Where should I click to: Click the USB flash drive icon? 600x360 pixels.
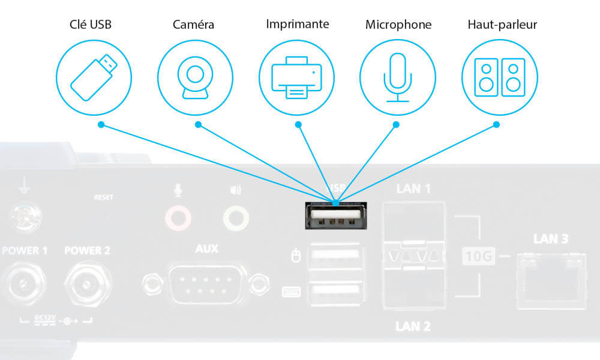[93, 77]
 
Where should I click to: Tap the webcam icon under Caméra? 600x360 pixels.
[195, 77]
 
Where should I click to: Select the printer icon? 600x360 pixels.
[296, 77]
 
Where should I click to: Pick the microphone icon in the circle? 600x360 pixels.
[397, 77]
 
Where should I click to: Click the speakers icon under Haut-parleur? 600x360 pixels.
[499, 77]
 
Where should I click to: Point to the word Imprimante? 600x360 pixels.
[298, 25]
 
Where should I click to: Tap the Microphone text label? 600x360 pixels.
[398, 25]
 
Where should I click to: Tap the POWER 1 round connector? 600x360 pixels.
[24, 280]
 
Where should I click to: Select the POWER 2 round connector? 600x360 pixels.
[88, 280]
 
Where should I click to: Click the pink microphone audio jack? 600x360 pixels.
[178, 217]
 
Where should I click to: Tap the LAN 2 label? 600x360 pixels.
[413, 326]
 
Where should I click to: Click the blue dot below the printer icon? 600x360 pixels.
[298, 125]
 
